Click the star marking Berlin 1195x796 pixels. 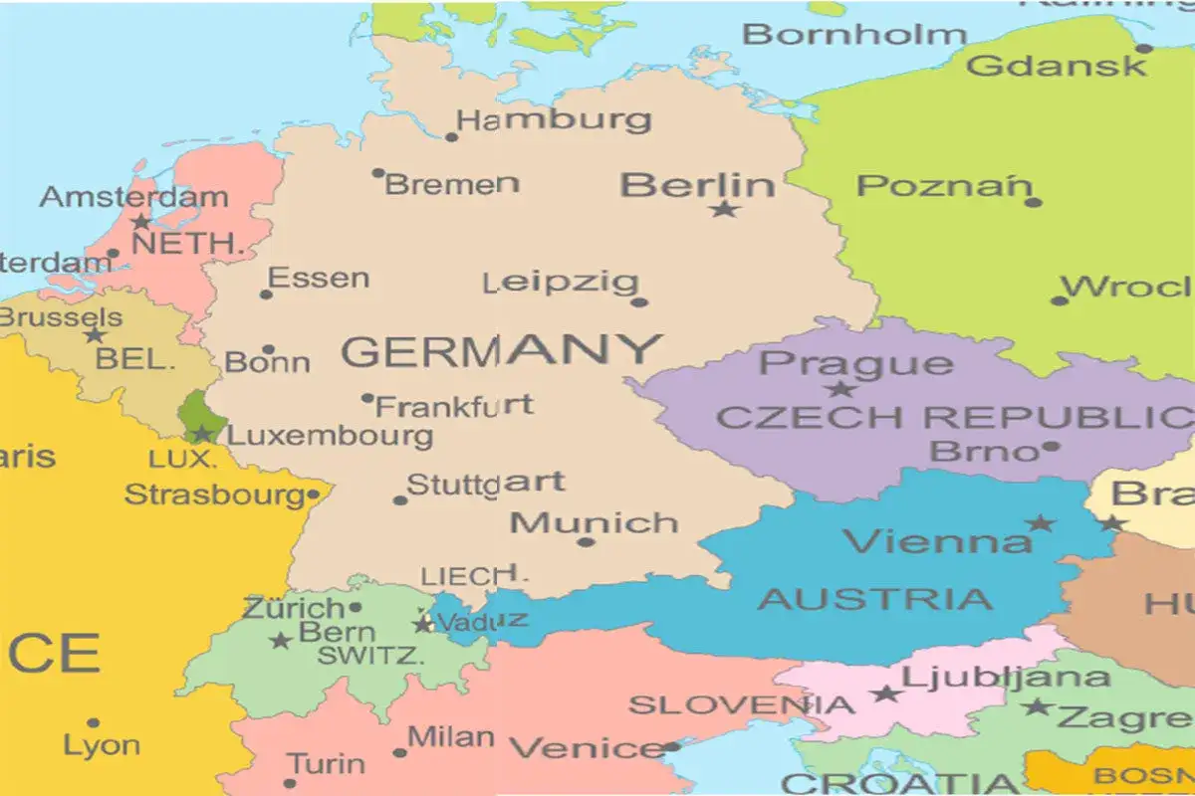[724, 209]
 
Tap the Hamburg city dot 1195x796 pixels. [451, 137]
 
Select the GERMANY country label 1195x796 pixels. [502, 351]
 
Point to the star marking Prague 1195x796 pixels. [840, 389]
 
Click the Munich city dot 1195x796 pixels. [586, 542]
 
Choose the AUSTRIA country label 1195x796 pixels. [875, 599]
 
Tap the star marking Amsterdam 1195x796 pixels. [142, 221]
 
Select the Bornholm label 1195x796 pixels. [854, 34]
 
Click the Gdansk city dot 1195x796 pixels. [1144, 48]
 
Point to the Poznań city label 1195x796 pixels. [943, 186]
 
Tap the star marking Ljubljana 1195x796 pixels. [884, 694]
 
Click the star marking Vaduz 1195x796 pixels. [422, 625]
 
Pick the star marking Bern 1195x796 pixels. [280, 641]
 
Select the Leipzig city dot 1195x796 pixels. [639, 301]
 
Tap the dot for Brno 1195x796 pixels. [1051, 448]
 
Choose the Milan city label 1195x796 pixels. [451, 737]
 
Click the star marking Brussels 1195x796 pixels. [95, 335]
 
